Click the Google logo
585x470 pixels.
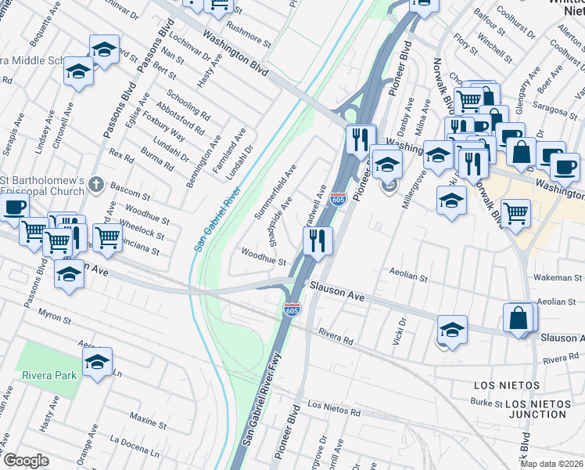pos(25,461)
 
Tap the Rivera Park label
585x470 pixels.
pos(49,375)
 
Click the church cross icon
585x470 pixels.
pos(96,185)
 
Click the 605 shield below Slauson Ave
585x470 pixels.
pos(292,311)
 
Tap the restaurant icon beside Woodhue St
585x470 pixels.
pos(318,240)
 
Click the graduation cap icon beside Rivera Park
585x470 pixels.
pos(97,363)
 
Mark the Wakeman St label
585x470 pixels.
pos(558,278)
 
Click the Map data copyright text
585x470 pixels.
pos(551,464)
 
